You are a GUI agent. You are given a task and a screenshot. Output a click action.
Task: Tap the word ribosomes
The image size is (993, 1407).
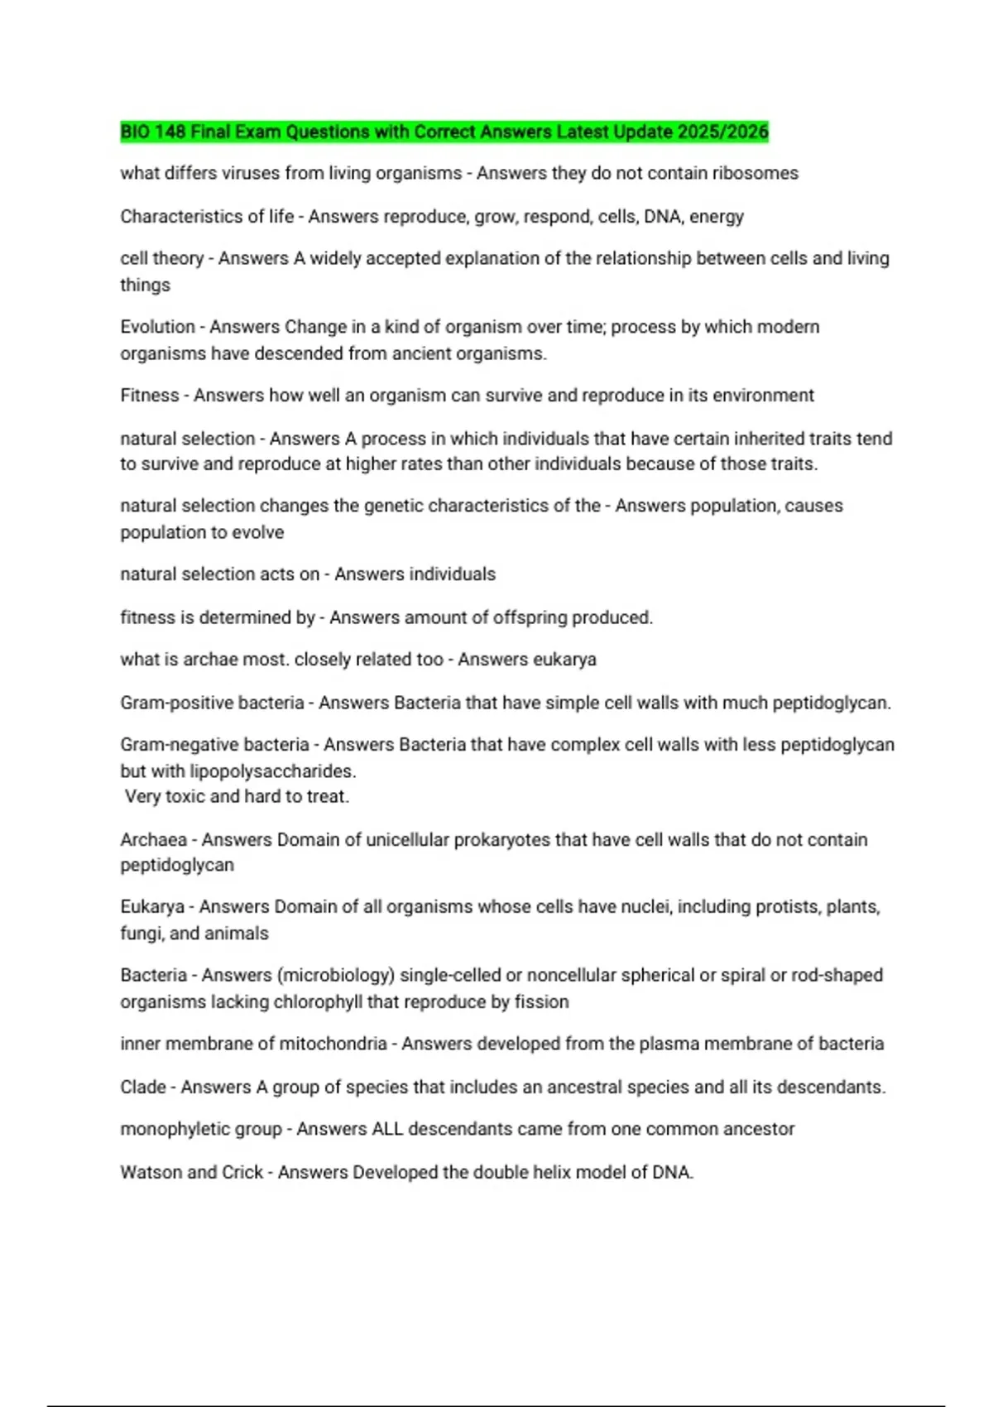pos(756,173)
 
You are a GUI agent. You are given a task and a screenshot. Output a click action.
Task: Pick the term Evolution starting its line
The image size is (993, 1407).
pos(157,327)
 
